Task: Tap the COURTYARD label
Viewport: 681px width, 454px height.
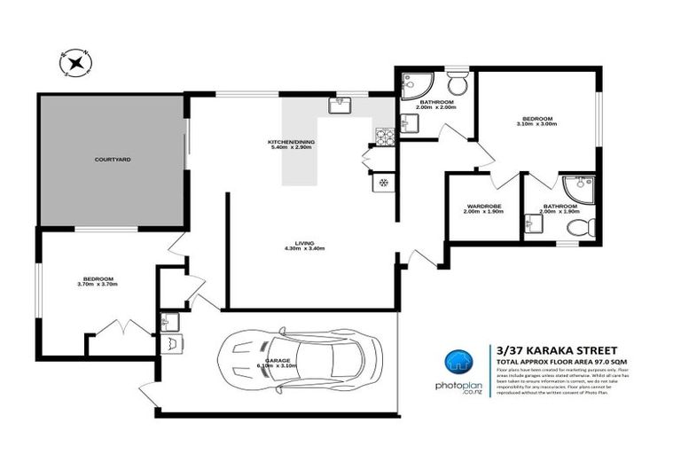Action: pyautogui.click(x=113, y=160)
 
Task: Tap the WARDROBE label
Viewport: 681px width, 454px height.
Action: pyautogui.click(x=484, y=207)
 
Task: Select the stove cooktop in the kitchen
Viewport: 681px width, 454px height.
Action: pyautogui.click(x=386, y=137)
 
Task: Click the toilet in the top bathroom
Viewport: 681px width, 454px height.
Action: pyautogui.click(x=456, y=85)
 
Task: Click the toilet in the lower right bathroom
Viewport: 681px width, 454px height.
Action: pyautogui.click(x=576, y=228)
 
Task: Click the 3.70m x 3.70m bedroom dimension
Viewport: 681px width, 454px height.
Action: pyautogui.click(x=98, y=284)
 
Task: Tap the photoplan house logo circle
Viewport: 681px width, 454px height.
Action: pyautogui.click(x=458, y=361)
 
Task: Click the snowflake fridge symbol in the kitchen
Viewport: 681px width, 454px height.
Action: pyautogui.click(x=383, y=183)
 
